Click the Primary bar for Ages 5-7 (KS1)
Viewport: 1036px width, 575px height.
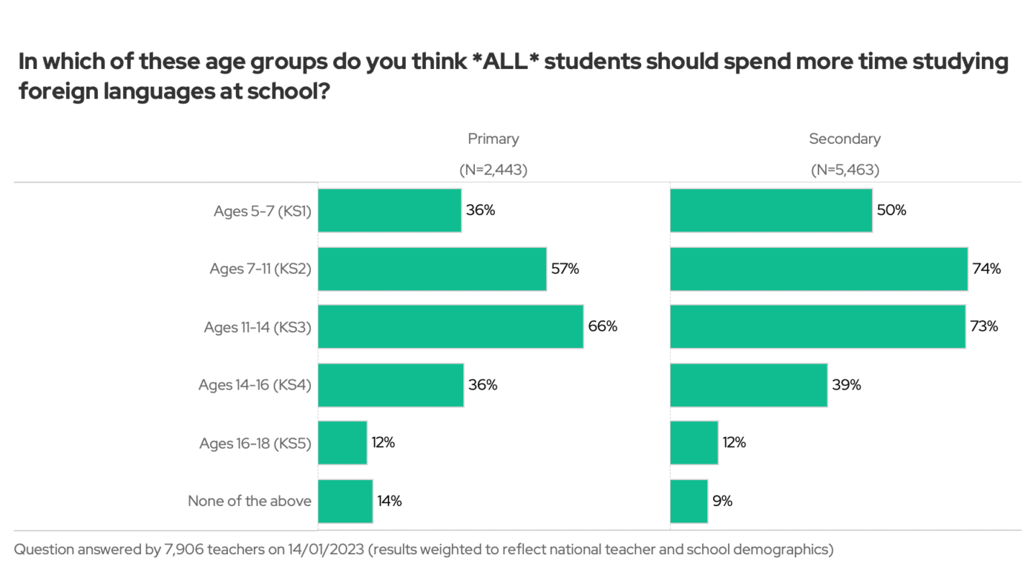389,211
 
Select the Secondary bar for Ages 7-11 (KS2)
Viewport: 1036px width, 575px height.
819,269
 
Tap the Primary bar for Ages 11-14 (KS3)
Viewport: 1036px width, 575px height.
450,326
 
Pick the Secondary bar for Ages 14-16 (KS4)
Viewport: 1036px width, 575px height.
748,385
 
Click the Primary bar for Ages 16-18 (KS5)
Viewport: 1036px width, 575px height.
342,443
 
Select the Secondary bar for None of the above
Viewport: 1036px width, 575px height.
689,501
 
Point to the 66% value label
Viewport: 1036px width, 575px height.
603,326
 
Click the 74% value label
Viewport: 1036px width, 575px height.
986,269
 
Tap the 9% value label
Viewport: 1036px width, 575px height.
722,501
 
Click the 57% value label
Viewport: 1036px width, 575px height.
565,269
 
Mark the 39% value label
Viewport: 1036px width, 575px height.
846,385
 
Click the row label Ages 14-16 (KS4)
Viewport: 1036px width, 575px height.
255,385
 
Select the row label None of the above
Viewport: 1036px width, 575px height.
250,501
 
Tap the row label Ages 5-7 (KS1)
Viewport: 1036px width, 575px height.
262,211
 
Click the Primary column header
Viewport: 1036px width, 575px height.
493,139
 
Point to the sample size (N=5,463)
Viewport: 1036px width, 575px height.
845,170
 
